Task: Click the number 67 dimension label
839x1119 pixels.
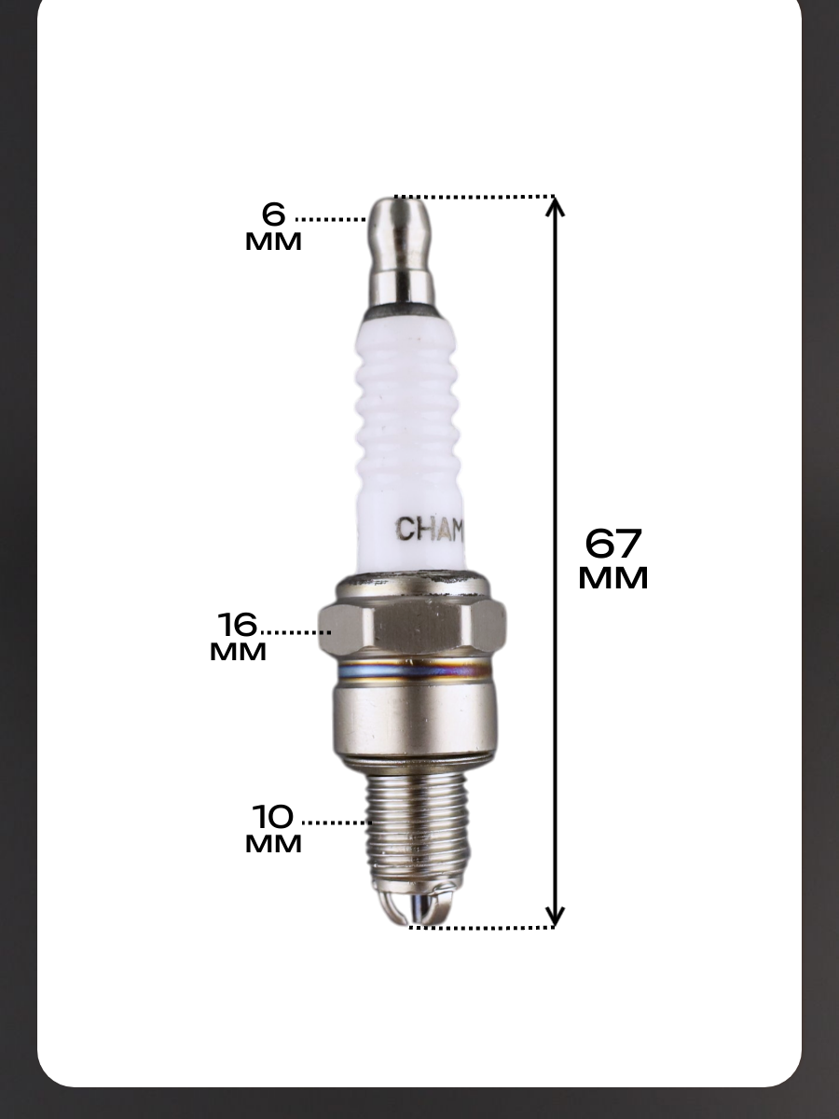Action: (x=612, y=544)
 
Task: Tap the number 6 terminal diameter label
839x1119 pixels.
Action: (x=273, y=214)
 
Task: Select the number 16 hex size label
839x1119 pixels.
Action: (x=238, y=624)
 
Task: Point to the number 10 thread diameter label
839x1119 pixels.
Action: (x=273, y=816)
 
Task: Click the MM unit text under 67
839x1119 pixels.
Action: (x=612, y=578)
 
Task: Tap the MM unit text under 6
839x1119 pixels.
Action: (x=273, y=242)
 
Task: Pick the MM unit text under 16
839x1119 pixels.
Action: (x=238, y=652)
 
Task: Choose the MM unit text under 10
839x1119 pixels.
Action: (x=273, y=844)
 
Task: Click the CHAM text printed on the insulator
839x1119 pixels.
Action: (x=430, y=529)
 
